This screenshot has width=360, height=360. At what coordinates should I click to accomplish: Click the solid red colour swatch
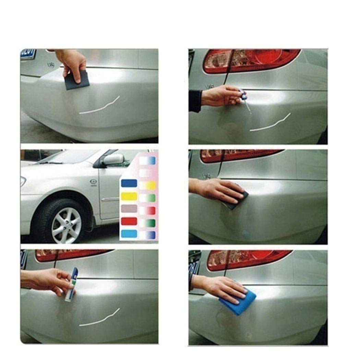tap(129, 221)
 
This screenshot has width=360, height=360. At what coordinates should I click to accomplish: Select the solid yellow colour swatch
tap(129, 196)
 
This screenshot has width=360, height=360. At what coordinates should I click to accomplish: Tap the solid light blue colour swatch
tap(129, 233)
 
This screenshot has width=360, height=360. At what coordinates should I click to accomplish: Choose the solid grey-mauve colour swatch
tap(129, 208)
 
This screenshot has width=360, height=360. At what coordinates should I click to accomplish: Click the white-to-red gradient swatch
tap(147, 210)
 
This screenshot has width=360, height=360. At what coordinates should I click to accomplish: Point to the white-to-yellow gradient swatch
tap(147, 185)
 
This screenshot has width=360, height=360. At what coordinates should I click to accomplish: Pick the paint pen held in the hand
tap(71, 284)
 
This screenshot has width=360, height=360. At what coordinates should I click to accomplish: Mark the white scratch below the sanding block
tap(99, 106)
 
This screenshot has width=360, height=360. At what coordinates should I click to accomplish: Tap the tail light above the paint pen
tap(69, 255)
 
